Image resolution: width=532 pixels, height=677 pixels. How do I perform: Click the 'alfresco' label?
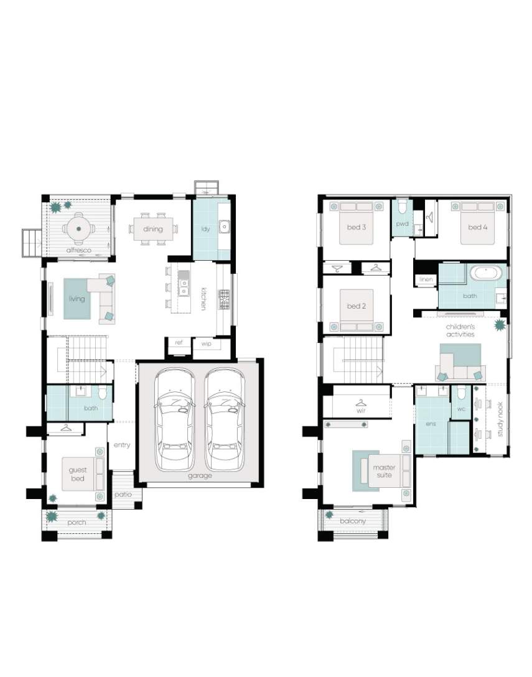pyautogui.click(x=78, y=250)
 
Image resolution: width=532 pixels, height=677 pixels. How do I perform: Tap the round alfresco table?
pyautogui.click(x=78, y=229)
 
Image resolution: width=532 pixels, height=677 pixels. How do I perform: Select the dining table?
pyautogui.click(x=153, y=229)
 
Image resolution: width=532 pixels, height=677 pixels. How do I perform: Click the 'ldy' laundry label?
pyautogui.click(x=205, y=229)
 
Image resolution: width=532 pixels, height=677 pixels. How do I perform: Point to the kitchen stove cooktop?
pyautogui.click(x=225, y=300)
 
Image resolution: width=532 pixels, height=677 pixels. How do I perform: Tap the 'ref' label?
pyautogui.click(x=179, y=342)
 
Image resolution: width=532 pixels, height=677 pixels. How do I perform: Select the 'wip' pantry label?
pyautogui.click(x=207, y=343)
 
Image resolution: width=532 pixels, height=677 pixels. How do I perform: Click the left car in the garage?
pyautogui.click(x=175, y=419)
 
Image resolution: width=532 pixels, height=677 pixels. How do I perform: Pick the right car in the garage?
pyautogui.click(x=225, y=419)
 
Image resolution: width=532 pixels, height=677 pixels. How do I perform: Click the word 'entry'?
pyautogui.click(x=122, y=445)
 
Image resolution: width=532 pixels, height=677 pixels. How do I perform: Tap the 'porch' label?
pyautogui.click(x=77, y=523)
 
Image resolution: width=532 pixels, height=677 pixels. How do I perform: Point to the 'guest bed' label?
pyautogui.click(x=78, y=474)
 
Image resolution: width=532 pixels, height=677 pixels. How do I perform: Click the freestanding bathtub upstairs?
pyautogui.click(x=486, y=273)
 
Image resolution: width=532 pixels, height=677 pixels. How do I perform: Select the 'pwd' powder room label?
pyautogui.click(x=402, y=223)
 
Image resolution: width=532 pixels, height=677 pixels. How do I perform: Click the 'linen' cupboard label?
pyautogui.click(x=426, y=279)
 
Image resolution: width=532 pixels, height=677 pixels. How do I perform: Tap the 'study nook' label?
pyautogui.click(x=500, y=419)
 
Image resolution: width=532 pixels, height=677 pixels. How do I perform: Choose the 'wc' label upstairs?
pyautogui.click(x=460, y=408)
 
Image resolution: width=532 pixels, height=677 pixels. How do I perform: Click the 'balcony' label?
pyautogui.click(x=353, y=521)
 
